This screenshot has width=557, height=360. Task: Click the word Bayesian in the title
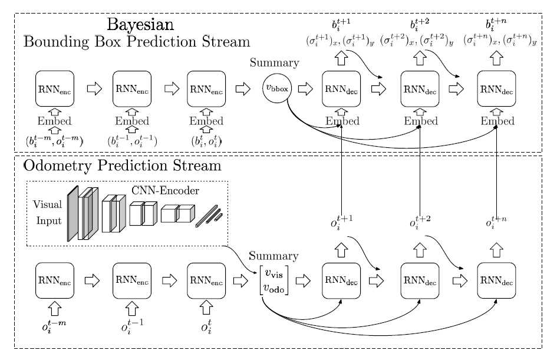(x=140, y=25)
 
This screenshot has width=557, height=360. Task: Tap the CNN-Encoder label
(x=164, y=190)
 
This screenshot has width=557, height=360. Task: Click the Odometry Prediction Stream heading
(x=122, y=166)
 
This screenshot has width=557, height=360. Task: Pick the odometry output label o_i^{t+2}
(x=420, y=223)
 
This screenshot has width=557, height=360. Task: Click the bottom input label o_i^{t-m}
(x=54, y=327)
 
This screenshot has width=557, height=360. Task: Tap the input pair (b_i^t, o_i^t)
(x=206, y=141)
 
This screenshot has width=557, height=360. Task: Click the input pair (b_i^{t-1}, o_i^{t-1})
(x=131, y=141)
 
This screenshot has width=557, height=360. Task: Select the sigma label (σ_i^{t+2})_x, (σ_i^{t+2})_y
(x=418, y=42)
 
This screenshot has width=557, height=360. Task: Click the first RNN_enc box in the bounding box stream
(x=54, y=89)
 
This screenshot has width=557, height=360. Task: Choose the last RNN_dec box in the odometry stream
(x=496, y=280)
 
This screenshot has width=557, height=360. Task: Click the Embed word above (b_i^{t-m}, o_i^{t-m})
(x=54, y=121)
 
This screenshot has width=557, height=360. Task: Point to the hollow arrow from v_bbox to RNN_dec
(x=305, y=89)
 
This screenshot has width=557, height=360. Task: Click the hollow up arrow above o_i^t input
(x=206, y=307)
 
